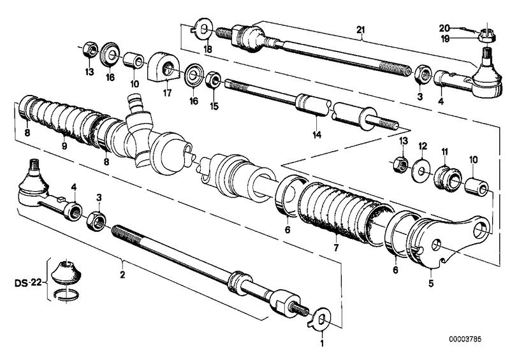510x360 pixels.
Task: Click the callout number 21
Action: pos(361,30)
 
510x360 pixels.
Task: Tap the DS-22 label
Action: pos(28,283)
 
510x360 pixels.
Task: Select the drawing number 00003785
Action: pos(465,339)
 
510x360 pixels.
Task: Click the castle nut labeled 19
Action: pos(487,35)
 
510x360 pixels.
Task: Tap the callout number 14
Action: pos(317,134)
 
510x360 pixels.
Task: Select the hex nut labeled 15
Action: pos(213,80)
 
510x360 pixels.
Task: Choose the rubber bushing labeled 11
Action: pos(448,178)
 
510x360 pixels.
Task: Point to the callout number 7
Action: pos(336,247)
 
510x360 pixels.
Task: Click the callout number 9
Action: pos(64,146)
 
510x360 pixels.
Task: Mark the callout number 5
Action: pos(431,284)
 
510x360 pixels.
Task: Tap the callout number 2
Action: pos(122,275)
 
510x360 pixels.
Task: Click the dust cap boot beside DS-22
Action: pos(66,273)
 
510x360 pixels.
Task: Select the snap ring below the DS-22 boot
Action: pos(66,294)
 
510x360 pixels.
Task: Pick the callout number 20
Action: pos(444,28)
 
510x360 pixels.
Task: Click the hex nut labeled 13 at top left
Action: pos(90,50)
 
